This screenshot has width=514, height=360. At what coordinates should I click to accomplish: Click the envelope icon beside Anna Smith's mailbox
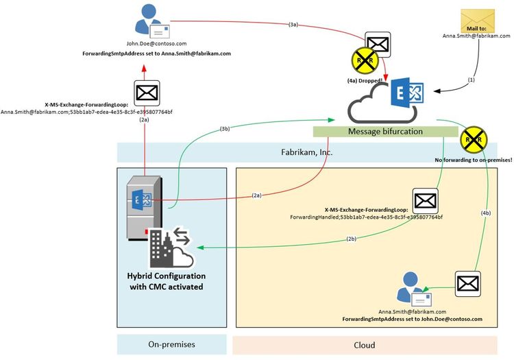coord(467,283)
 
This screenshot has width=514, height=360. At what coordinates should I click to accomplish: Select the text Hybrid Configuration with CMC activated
coord(165,281)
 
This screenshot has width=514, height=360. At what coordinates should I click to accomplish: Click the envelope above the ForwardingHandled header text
coord(424,201)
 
